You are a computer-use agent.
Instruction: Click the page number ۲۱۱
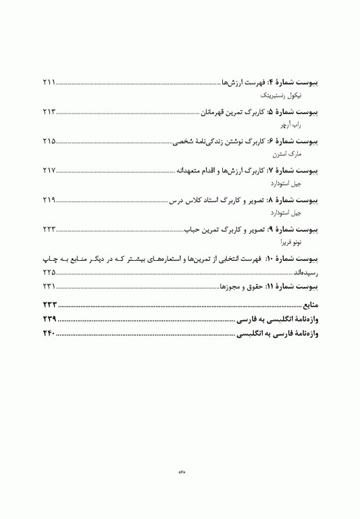48,82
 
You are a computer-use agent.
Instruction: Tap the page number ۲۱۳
48,112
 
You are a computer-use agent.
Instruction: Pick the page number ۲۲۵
48,271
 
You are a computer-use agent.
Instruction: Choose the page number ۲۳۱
48,287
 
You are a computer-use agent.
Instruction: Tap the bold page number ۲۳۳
49,305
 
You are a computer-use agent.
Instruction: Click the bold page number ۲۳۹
49,320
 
